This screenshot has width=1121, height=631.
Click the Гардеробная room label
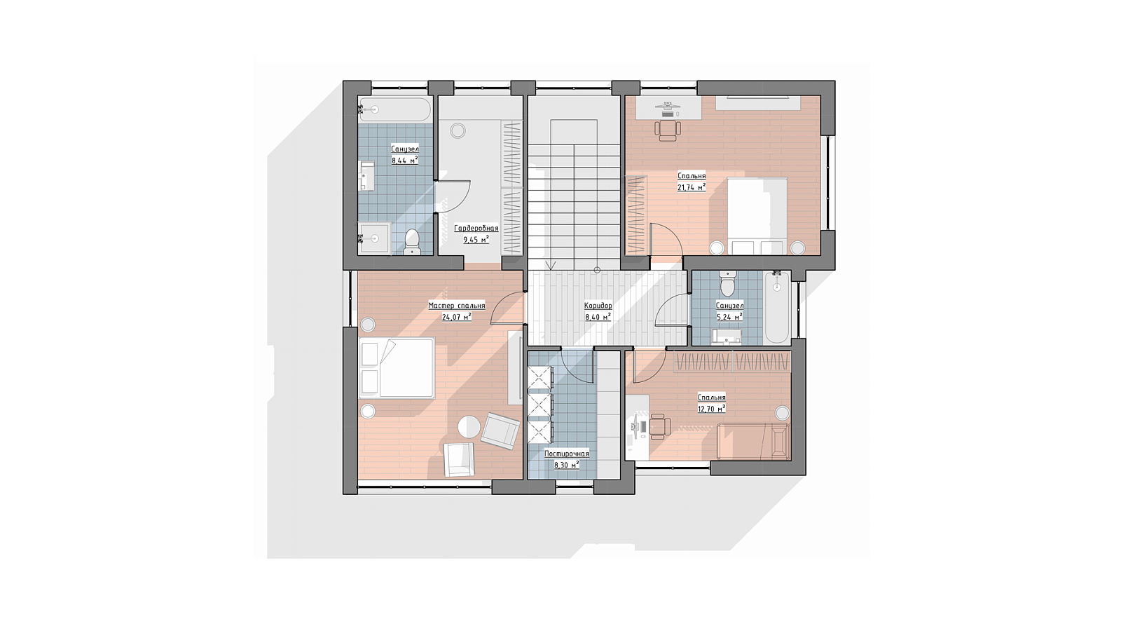[x=476, y=229]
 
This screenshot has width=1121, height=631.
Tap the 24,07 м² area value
[x=456, y=316]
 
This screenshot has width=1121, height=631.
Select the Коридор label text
[x=598, y=306]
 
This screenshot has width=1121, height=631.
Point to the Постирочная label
[x=567, y=454]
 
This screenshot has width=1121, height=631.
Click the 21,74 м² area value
[x=692, y=186]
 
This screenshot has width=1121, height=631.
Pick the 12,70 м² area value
[x=712, y=409]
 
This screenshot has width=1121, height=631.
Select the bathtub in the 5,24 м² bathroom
[x=777, y=307]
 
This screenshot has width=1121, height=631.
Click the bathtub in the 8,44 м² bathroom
[x=395, y=109]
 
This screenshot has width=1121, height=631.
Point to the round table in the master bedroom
[x=469, y=427]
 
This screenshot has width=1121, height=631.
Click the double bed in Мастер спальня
[x=397, y=367]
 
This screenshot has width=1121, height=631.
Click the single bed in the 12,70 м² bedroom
[x=753, y=441]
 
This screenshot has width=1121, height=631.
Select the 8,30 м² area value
[x=567, y=466]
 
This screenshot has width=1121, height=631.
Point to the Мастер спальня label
[x=456, y=306]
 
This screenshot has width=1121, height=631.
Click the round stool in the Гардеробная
[x=458, y=131]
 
